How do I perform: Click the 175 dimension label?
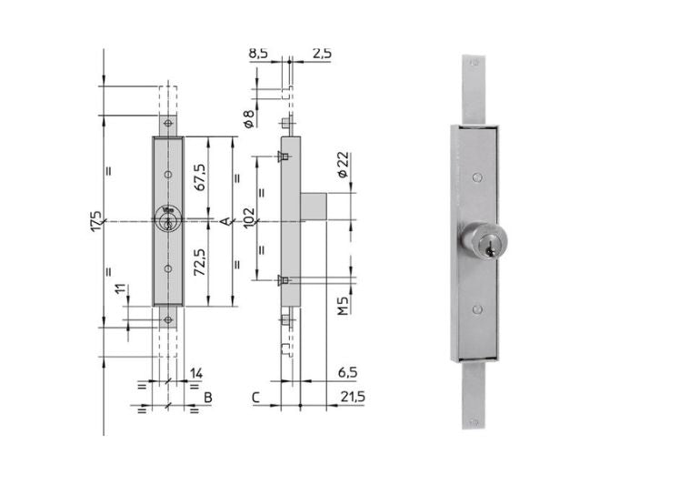tap(96, 222)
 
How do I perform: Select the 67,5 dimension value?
tap(200, 177)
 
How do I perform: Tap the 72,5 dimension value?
tap(200, 262)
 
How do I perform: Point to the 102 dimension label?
tap(249, 217)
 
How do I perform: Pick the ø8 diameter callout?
tap(249, 119)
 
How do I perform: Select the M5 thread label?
tap(344, 306)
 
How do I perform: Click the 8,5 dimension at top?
tap(258, 53)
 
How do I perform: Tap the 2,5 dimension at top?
tap(322, 53)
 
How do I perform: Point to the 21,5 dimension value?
tap(353, 397)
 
